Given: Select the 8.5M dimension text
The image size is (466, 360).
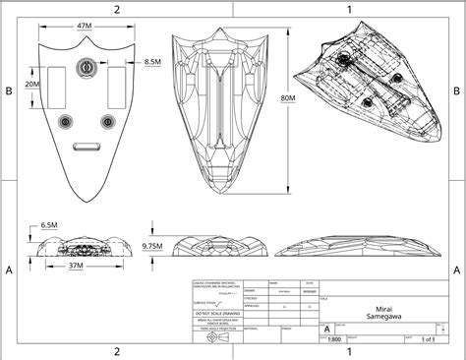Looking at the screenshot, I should point(152,62).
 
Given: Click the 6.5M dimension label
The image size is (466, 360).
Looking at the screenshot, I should point(51,225).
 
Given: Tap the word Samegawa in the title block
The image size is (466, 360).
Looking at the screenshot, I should point(385,316).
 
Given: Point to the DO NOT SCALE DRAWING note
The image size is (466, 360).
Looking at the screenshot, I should point(216,312).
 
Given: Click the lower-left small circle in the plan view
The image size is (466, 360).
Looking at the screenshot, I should point(66,121).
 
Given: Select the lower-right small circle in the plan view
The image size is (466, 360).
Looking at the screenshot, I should point(105,121).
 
